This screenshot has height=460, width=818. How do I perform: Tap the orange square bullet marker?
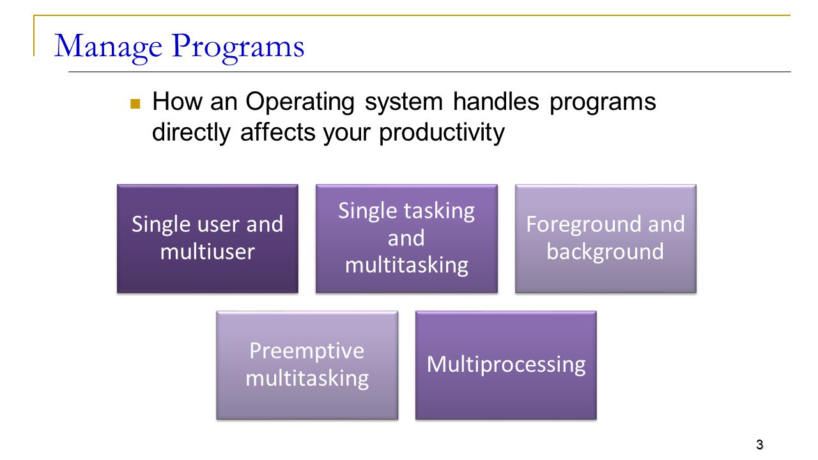pos(135,103)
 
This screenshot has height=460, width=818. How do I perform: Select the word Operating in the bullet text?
pos(300,103)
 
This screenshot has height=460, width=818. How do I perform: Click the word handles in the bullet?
pos(496,102)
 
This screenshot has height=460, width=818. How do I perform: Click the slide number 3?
pos(760,444)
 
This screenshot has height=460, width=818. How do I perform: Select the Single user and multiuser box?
pos(208,238)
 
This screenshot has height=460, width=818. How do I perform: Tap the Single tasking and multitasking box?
pos(406,238)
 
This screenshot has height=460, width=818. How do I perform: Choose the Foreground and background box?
pos(605,238)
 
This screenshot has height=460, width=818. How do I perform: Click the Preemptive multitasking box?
pos(307,365)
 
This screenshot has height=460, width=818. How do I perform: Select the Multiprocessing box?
pos(505,365)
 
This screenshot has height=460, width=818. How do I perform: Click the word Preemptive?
pos(307,352)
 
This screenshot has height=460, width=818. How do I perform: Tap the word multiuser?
pos(208,252)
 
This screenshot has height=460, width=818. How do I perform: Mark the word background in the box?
pos(605,252)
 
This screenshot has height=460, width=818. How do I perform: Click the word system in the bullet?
pos(403,103)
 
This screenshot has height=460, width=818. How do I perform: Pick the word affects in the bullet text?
pos(278,132)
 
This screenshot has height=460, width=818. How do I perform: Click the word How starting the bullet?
pos(178,102)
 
